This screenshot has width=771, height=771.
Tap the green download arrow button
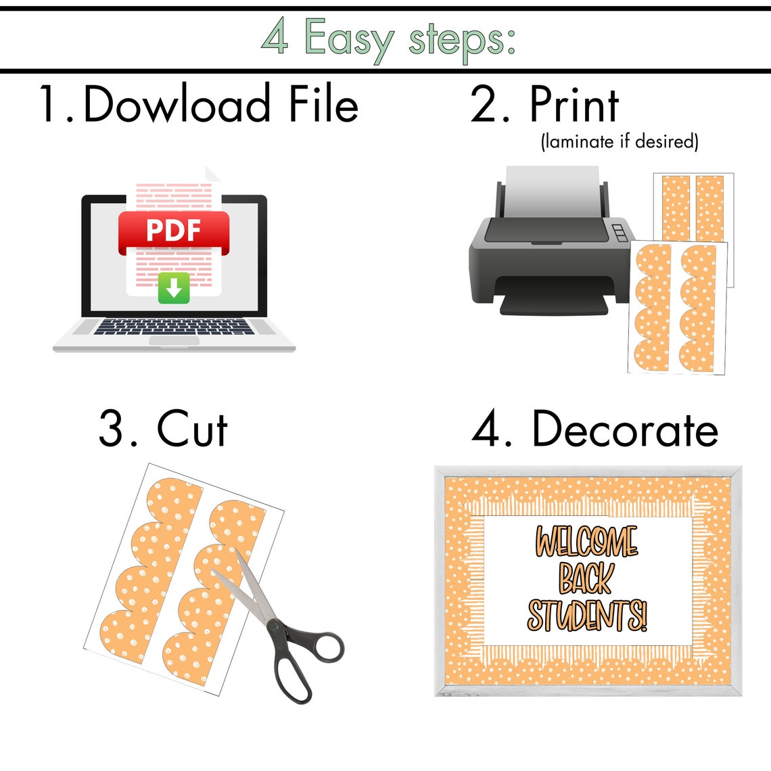[x=174, y=289]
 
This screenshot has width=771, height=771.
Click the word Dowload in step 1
[x=177, y=105]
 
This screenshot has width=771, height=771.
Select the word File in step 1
[x=323, y=105]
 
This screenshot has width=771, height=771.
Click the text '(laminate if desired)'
[x=619, y=141]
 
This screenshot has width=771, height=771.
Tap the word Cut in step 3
[x=192, y=429]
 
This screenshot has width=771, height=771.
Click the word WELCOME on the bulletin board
[x=586, y=541]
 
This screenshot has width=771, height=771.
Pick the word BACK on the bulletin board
[x=586, y=578]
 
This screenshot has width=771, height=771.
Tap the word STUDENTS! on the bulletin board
[x=586, y=615]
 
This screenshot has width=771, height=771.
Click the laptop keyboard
[x=174, y=327]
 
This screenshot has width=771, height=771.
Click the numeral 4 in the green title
[x=275, y=37]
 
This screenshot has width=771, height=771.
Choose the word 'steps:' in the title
[x=461, y=40]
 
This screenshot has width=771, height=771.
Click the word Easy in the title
[x=348, y=40]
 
